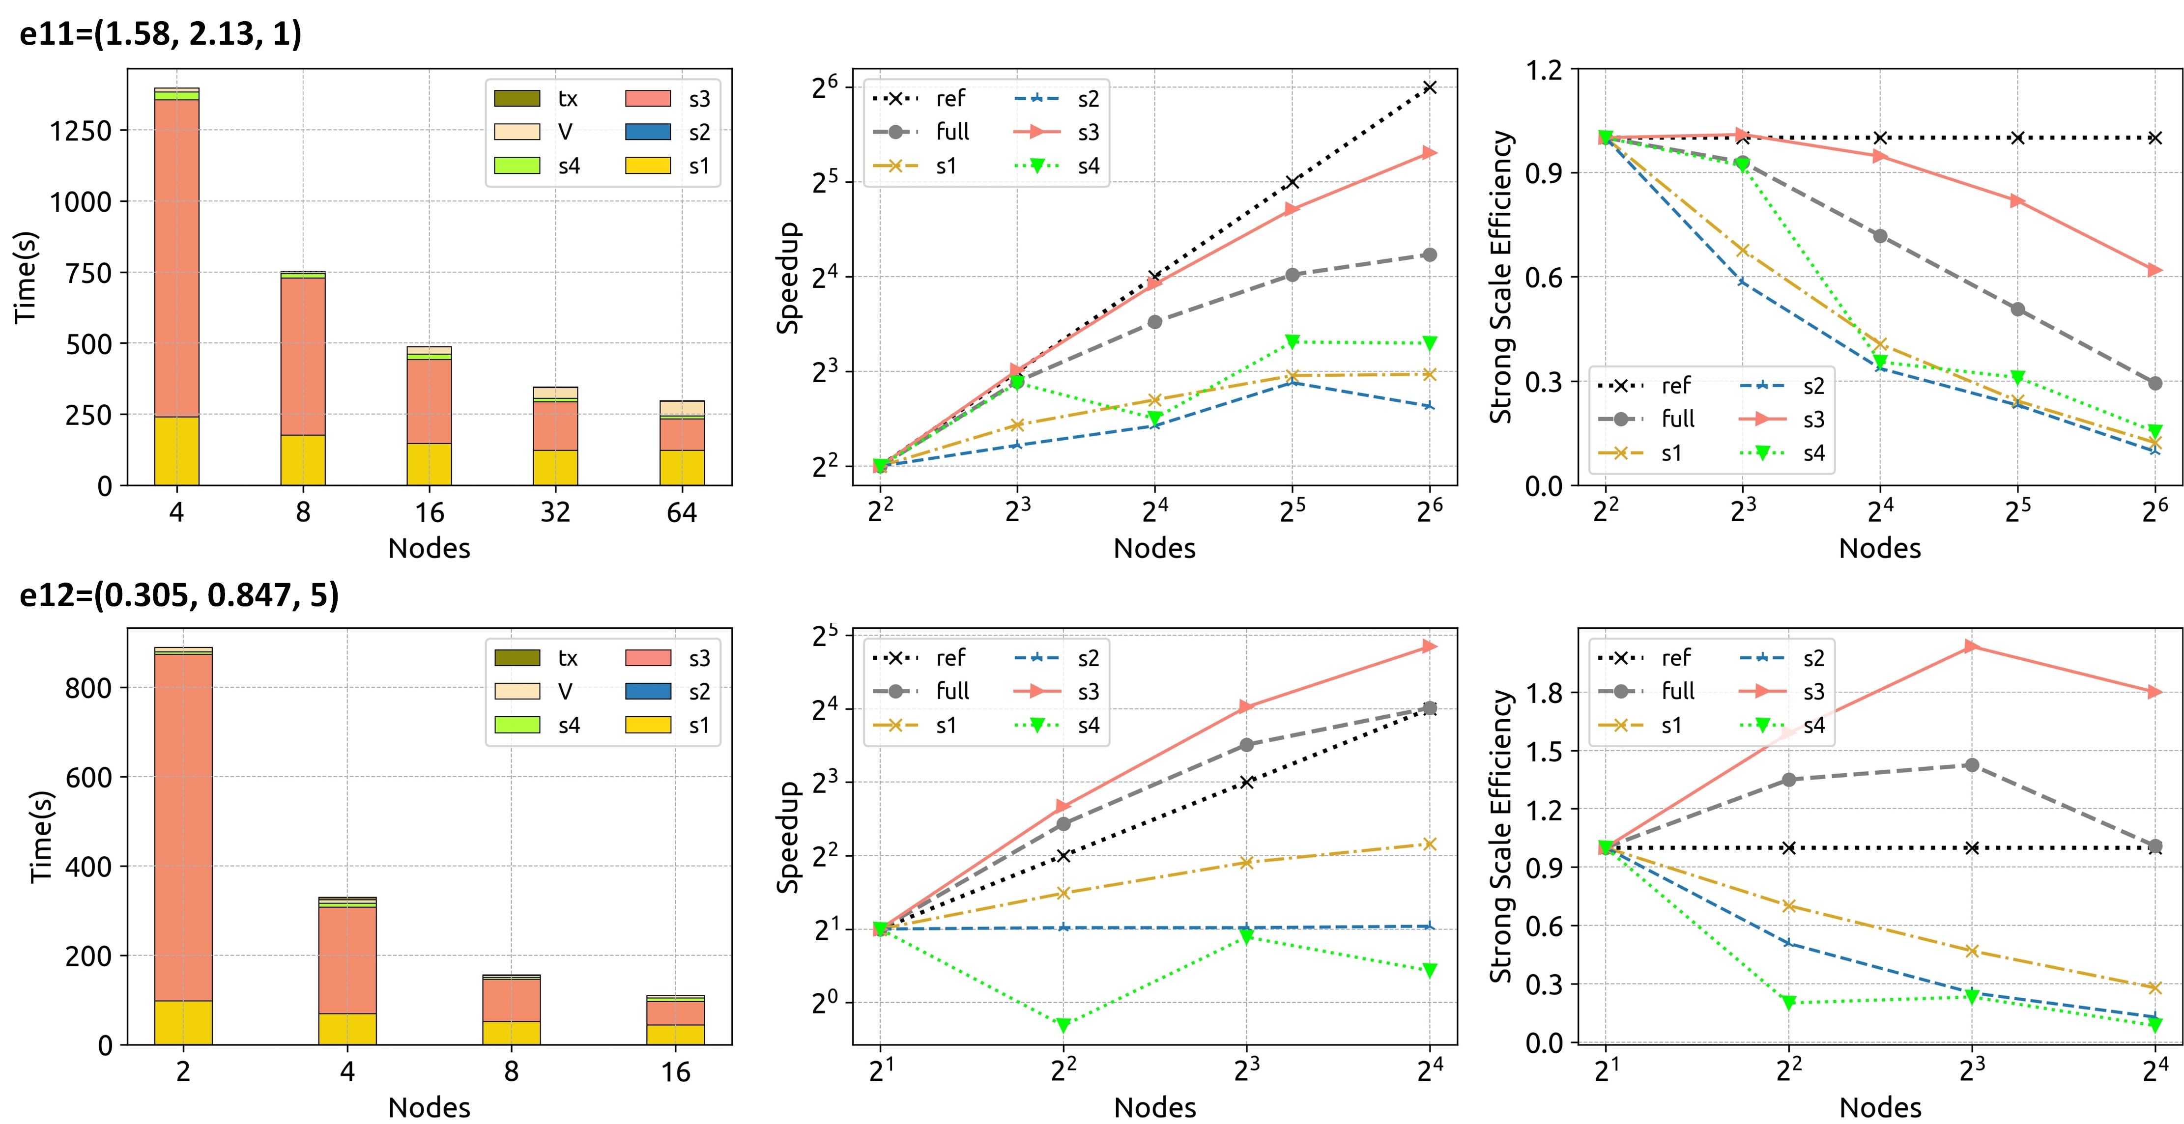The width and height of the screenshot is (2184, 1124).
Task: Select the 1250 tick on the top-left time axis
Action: (81, 131)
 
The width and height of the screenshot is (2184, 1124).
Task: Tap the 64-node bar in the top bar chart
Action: (682, 443)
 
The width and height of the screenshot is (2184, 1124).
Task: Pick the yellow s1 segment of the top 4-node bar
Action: (176, 451)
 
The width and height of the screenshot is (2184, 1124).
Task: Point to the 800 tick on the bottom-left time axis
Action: (88, 687)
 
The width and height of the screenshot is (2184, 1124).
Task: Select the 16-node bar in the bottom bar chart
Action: (676, 1020)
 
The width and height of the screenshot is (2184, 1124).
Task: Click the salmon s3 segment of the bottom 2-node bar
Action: (183, 826)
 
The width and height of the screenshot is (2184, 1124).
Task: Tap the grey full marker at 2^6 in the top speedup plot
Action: (1430, 254)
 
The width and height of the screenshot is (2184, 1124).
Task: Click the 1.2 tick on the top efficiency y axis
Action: (1543, 69)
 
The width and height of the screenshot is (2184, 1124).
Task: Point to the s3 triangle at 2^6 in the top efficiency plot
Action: (2155, 270)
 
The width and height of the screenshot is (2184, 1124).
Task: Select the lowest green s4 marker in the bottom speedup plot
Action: (1063, 1025)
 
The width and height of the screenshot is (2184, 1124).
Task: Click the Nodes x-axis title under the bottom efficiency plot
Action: (1880, 1106)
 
